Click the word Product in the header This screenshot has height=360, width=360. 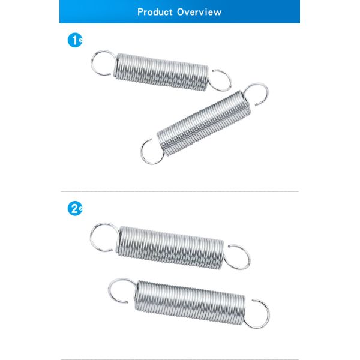click(155, 12)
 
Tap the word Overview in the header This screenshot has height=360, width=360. click(199, 12)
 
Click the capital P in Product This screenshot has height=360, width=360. click(140, 12)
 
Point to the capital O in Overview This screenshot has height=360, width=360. click(181, 12)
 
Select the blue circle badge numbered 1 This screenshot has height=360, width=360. click(75, 40)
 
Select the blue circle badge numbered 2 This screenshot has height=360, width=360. click(75, 208)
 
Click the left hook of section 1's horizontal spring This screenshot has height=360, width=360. click(92, 62)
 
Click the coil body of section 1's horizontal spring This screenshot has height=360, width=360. click(162, 72)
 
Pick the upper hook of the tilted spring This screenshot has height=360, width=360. click(266, 92)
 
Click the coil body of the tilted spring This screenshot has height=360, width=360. click(204, 123)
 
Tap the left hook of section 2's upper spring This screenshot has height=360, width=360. click(91, 236)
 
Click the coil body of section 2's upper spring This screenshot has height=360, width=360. click(171, 247)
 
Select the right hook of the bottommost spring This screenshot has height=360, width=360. click(268, 313)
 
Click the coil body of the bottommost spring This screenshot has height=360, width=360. click(190, 302)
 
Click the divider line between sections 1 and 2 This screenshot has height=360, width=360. click(179, 191)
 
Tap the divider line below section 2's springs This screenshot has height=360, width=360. click(179, 359)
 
